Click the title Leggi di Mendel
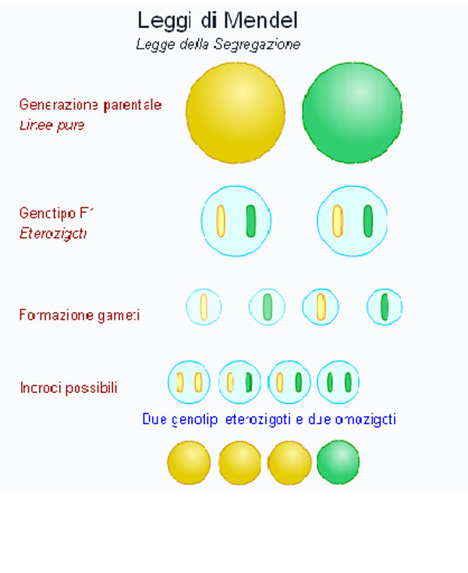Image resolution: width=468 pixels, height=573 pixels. (x=218, y=20)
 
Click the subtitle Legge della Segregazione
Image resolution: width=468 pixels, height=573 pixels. (x=218, y=44)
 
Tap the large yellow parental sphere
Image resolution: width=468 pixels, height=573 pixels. (x=236, y=113)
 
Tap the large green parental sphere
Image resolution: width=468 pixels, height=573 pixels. (x=353, y=113)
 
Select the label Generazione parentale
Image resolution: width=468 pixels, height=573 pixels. (x=90, y=104)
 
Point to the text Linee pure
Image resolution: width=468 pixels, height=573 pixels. (x=51, y=125)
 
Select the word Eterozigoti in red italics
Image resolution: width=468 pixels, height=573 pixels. (x=53, y=233)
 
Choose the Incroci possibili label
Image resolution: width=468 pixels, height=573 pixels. (x=69, y=387)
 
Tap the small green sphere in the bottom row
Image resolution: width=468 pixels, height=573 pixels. (x=339, y=462)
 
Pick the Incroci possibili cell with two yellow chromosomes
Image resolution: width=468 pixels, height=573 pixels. (x=189, y=382)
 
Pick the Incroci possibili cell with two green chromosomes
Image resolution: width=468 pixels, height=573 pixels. (x=339, y=382)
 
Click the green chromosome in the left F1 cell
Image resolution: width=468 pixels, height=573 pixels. (x=250, y=221)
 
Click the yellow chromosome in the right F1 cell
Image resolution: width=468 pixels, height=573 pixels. (x=338, y=221)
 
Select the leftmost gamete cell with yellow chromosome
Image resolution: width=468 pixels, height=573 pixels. (x=204, y=307)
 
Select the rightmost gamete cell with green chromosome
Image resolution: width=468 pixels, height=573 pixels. (x=385, y=307)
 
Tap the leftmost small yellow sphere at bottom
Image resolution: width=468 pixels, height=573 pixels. (x=189, y=462)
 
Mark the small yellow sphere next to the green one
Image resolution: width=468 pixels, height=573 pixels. (x=289, y=462)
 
